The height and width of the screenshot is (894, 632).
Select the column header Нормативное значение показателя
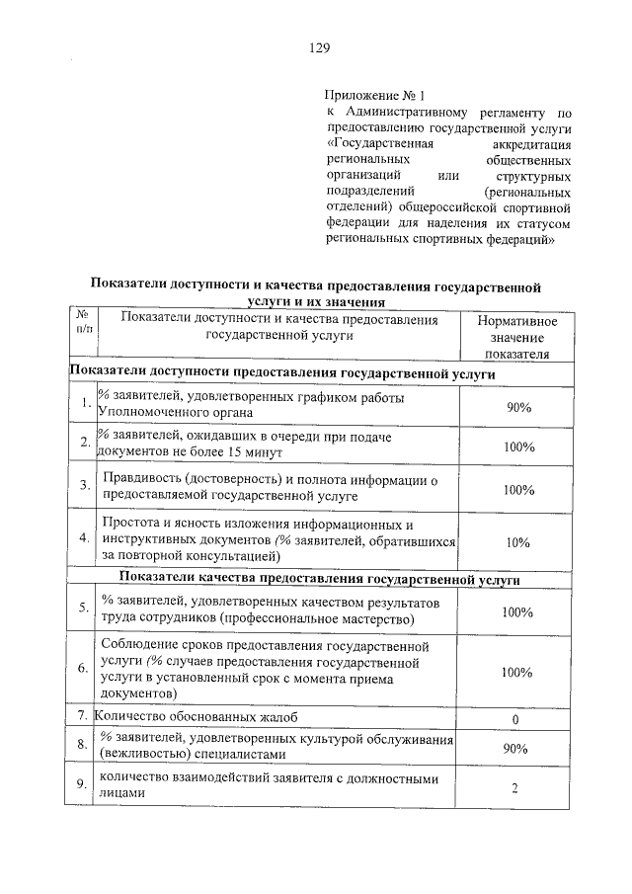coord(515,337)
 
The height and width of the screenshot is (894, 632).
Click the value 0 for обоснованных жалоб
coord(515,718)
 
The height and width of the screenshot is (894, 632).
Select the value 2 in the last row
coord(515,787)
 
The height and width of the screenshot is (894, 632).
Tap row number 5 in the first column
coord(84,609)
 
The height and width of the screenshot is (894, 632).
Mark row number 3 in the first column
coord(84,486)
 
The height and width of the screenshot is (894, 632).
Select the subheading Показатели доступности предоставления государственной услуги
coord(280,372)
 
